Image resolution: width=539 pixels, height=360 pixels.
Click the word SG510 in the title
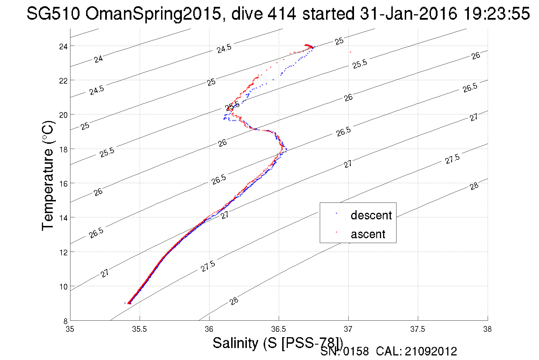click(53, 13)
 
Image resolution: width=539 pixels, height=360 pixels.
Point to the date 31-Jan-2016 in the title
click(408, 13)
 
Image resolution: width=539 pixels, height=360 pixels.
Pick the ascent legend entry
click(368, 234)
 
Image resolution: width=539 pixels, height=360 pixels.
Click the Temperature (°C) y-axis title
click(48, 176)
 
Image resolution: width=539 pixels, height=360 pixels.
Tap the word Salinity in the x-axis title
click(235, 343)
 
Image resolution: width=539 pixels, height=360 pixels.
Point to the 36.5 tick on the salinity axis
click(278, 329)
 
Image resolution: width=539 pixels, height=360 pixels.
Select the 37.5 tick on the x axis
click(418, 329)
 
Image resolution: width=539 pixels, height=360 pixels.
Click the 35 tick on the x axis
click(70, 329)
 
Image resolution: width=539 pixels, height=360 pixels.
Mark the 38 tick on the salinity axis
click(487, 329)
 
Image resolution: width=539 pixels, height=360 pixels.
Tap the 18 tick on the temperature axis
click(63, 149)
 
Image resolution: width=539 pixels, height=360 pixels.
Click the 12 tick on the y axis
click(63, 252)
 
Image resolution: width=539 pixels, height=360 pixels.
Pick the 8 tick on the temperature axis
click(65, 321)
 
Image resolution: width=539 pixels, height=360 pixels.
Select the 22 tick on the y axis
click(63, 81)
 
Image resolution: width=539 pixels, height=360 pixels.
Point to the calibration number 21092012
click(431, 351)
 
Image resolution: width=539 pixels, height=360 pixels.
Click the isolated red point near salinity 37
click(350, 52)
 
